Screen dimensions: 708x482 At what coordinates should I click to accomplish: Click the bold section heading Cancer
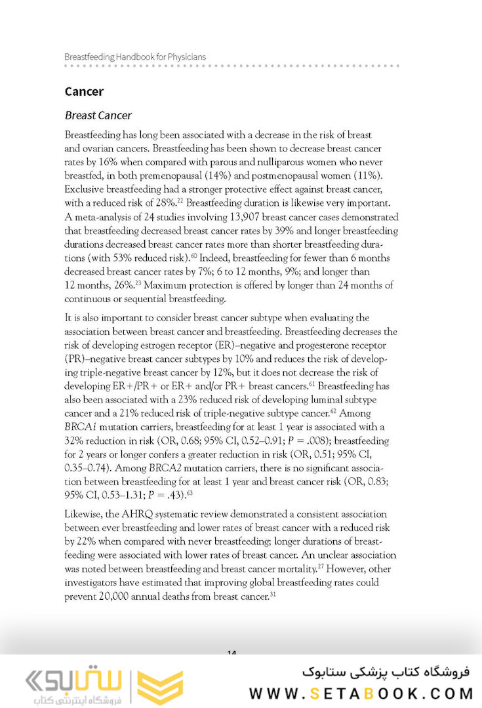84,92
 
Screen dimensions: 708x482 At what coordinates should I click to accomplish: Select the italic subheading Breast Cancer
98,115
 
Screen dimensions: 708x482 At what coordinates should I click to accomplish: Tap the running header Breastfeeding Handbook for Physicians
135,56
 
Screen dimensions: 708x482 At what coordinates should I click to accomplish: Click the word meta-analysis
103,217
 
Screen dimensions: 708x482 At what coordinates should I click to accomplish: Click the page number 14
231,653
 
